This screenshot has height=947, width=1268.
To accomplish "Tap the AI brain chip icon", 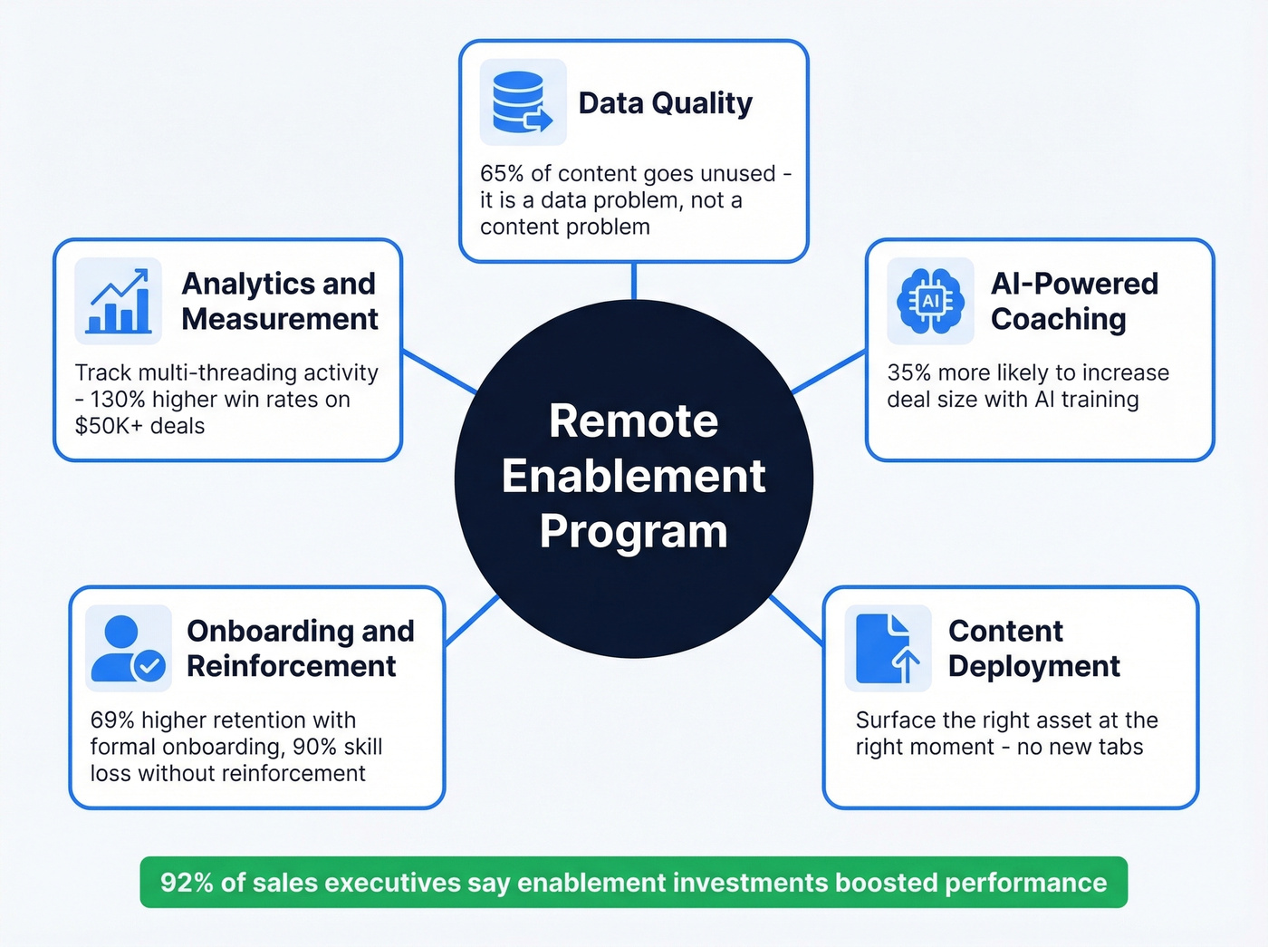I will (x=930, y=301).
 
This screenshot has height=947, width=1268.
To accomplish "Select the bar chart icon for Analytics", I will (x=119, y=301).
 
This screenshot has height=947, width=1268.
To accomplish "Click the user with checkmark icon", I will (x=129, y=648).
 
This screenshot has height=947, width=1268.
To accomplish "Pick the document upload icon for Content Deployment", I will (x=888, y=648).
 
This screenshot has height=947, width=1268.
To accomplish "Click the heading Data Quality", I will (x=665, y=103).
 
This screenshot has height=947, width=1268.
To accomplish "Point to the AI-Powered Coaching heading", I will (x=1074, y=301).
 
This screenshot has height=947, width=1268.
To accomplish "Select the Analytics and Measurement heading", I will (x=280, y=301).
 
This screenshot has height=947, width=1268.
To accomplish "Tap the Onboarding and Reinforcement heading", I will (x=300, y=648).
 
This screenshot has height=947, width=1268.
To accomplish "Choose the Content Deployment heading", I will (x=1033, y=648).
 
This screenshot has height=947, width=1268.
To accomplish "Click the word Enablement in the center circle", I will (x=633, y=477).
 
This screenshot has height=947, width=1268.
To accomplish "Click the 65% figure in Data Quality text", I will (x=502, y=173).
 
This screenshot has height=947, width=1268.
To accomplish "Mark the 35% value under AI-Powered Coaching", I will (x=909, y=372).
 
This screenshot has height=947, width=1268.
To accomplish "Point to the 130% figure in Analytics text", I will (x=118, y=400).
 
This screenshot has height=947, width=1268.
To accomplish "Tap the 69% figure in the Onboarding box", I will (x=111, y=720).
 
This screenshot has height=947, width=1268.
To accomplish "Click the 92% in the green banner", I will (x=187, y=883).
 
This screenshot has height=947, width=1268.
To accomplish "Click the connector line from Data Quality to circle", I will (x=634, y=281).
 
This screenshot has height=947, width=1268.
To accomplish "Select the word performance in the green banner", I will (x=1025, y=884).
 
